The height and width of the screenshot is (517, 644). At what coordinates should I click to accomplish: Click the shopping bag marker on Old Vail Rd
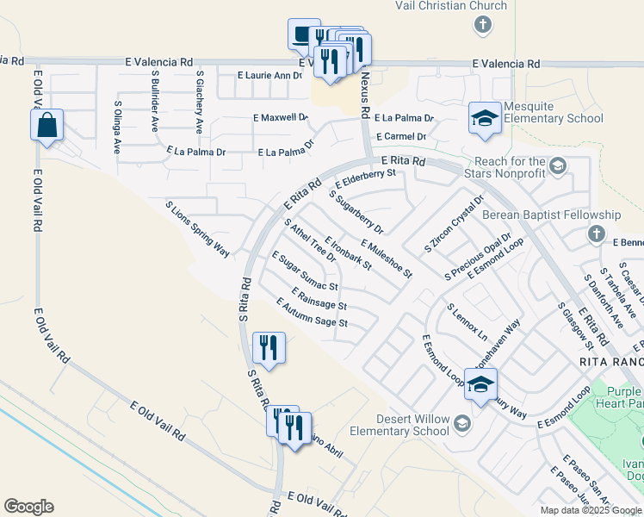[x=46, y=125]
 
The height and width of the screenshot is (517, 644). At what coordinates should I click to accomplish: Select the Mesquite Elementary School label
[x=553, y=112]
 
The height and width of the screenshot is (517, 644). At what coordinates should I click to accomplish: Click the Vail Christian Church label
[x=450, y=6]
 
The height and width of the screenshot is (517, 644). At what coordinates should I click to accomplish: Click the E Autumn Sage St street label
[x=312, y=313]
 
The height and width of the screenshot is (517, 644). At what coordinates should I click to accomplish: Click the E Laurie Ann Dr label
[x=269, y=76]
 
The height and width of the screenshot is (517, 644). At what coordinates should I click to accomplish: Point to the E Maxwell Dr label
[x=281, y=117]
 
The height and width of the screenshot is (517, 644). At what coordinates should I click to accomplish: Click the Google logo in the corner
[x=28, y=507]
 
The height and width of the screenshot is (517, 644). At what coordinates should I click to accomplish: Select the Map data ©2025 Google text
[x=591, y=510]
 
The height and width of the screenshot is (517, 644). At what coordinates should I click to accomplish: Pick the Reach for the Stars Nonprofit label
[x=509, y=169]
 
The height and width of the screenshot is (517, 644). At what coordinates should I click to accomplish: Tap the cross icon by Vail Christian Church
[x=484, y=25]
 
